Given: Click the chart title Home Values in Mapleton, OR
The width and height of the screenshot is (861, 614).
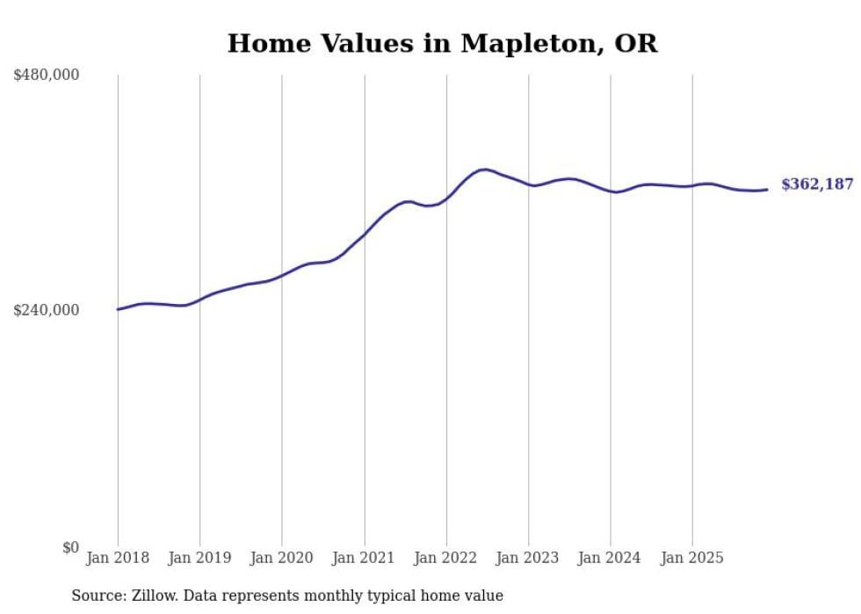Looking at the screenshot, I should point(442,43).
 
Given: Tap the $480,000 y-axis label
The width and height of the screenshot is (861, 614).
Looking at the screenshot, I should point(47,76).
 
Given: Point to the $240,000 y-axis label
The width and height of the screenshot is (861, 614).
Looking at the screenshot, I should point(47,310).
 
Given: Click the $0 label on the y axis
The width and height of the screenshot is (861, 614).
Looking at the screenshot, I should point(70,547).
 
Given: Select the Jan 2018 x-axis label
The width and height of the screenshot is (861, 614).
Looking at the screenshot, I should point(118,558).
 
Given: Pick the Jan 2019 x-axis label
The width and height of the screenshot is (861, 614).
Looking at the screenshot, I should point(199,558).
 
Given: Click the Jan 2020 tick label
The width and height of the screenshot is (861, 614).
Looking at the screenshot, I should point(282,558).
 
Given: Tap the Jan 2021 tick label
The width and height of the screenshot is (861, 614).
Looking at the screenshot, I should point(364,558).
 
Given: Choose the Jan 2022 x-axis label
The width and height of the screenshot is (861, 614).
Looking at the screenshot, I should point(446,558).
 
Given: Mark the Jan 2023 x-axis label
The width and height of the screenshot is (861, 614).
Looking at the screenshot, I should point(528,558).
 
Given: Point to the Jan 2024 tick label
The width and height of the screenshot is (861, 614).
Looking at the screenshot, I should point(611,558).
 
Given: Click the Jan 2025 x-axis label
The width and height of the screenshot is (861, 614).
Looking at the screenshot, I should point(692,558).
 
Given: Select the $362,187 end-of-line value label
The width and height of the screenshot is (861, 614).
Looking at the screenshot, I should point(817,184).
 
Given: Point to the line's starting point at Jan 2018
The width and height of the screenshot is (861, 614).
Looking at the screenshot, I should point(118,309).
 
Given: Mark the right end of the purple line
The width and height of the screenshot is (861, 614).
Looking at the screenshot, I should point(767,189).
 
